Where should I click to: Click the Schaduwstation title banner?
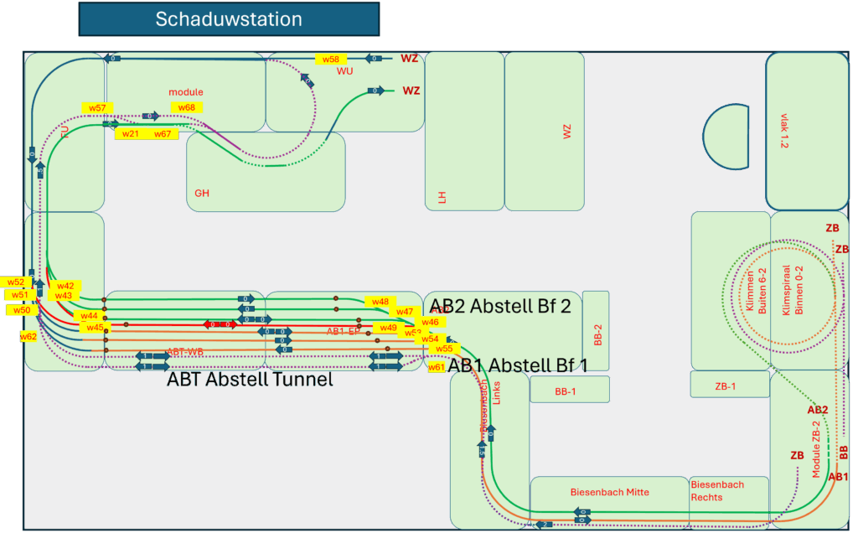[x=229, y=18]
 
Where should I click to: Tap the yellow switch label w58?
[x=331, y=60]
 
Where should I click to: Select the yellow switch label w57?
[x=98, y=108]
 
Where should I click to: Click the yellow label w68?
[x=186, y=107]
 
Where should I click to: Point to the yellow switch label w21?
[x=130, y=134]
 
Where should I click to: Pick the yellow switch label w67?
[x=162, y=134]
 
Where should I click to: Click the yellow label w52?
[x=16, y=282]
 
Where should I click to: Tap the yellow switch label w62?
[x=28, y=336]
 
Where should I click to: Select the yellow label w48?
[x=380, y=302]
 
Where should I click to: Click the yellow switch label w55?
[x=443, y=349]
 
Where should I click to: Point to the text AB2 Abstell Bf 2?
[x=500, y=307]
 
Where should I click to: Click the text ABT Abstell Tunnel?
[x=250, y=380]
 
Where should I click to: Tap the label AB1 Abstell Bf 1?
[x=518, y=365]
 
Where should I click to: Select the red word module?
[x=186, y=92]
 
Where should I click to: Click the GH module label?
[x=202, y=194]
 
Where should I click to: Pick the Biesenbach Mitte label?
[x=609, y=492]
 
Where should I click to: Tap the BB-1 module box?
[x=569, y=391]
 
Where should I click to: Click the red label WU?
[x=345, y=71]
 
